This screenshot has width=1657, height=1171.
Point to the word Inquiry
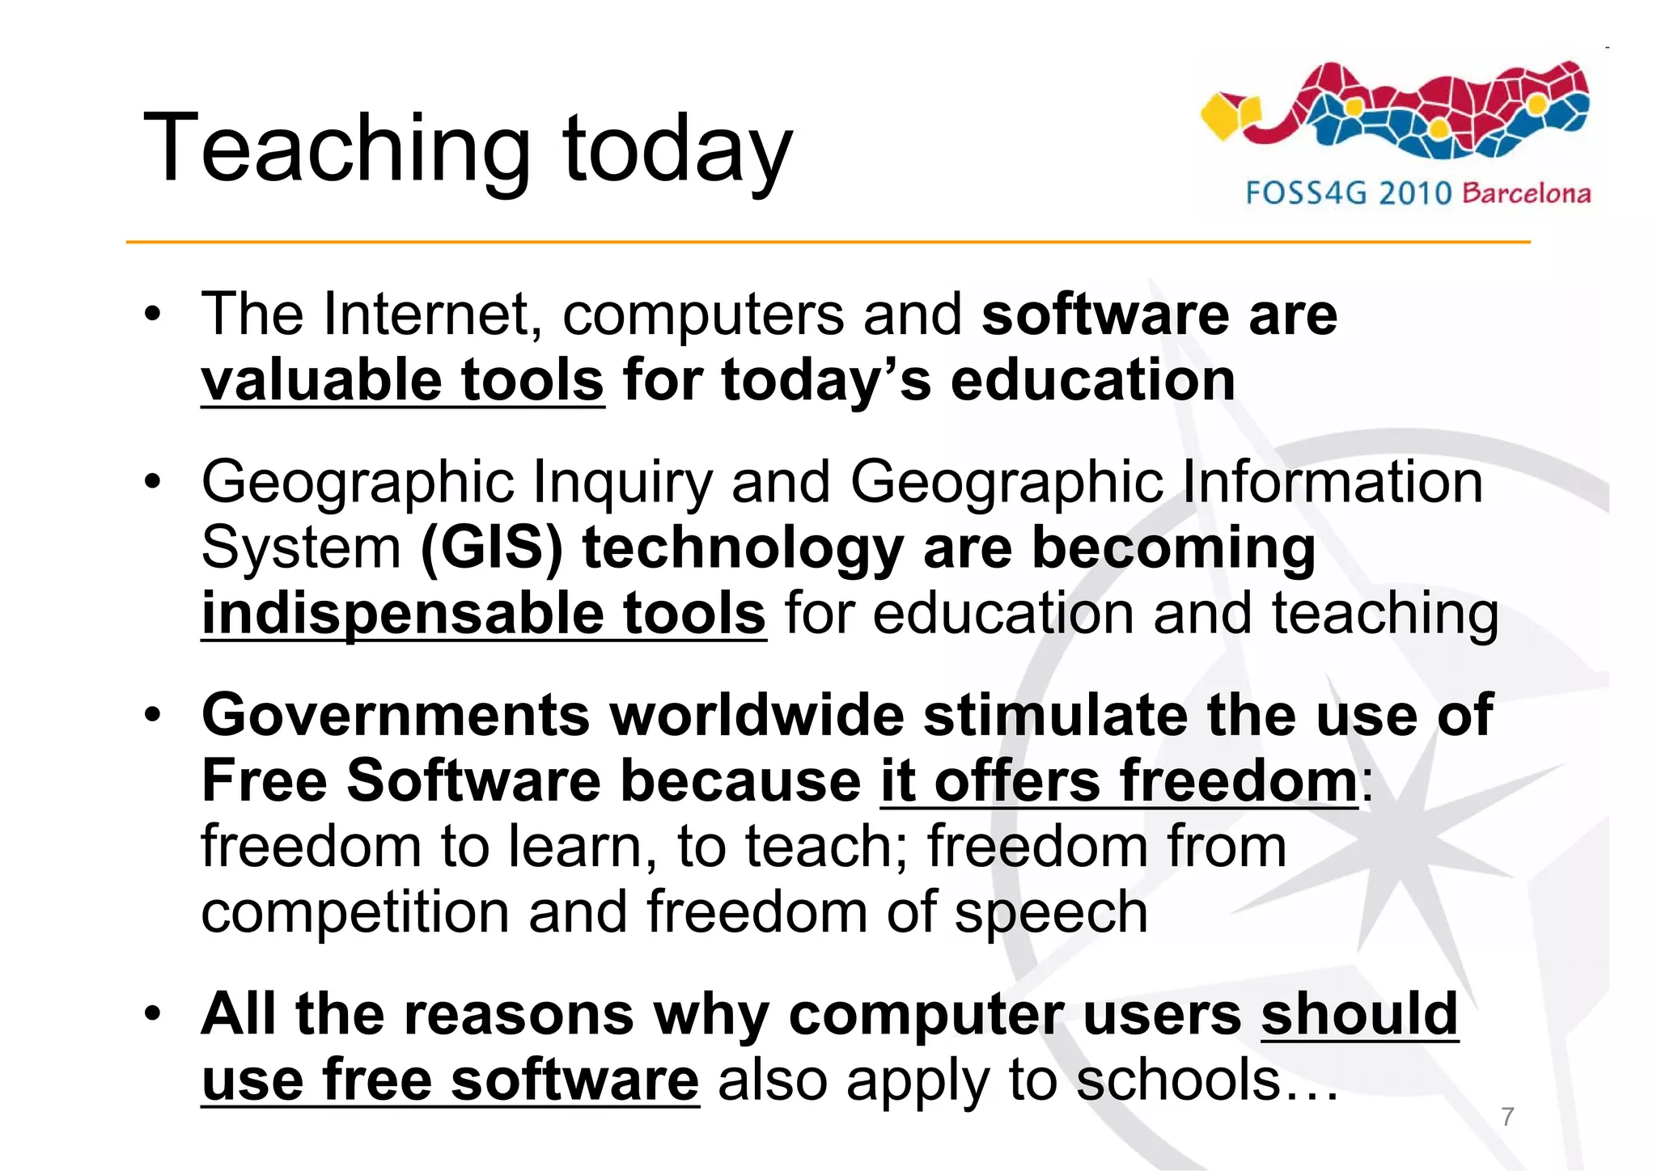(622, 484)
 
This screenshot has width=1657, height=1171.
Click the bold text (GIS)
(491, 548)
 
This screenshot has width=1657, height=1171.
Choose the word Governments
(396, 715)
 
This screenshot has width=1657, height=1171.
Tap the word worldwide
(756, 715)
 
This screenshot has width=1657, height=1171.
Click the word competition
(355, 913)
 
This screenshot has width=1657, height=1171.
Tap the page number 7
(1507, 1117)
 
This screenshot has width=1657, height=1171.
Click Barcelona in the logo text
(1527, 194)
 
